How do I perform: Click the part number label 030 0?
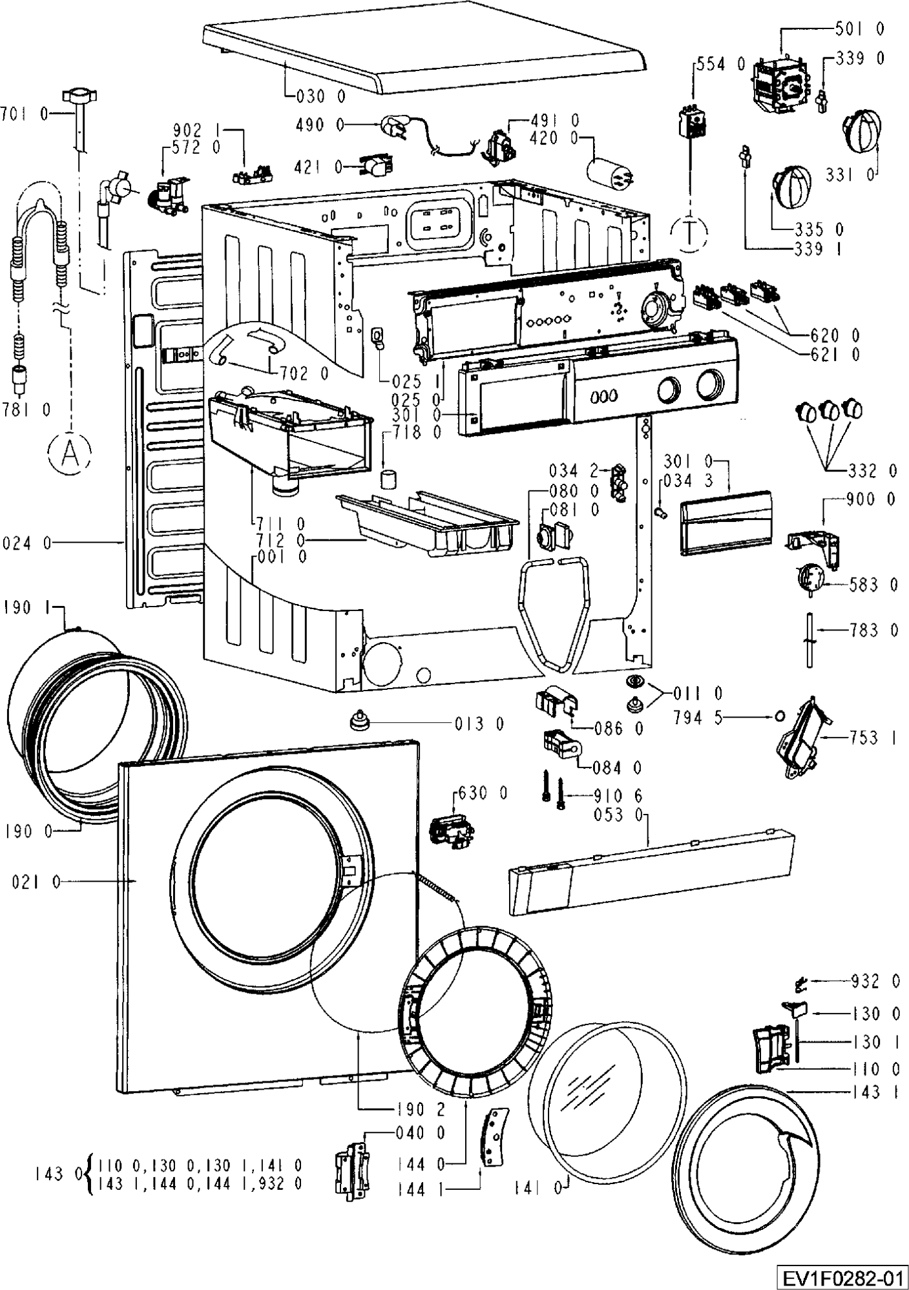(321, 97)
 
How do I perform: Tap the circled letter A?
(68, 453)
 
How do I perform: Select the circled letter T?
(689, 231)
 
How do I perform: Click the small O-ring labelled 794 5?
(779, 716)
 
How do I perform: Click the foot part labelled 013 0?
(357, 720)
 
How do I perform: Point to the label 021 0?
(36, 882)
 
